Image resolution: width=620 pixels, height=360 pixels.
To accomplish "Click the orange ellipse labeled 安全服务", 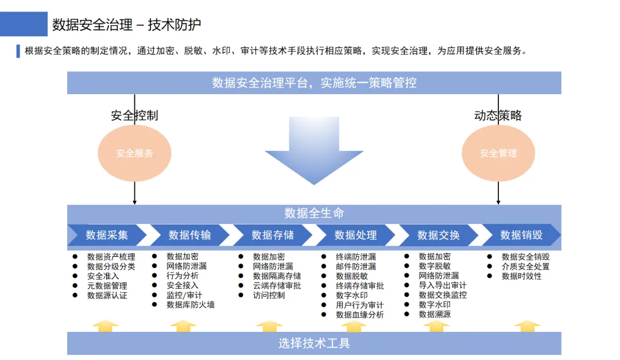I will [135, 153].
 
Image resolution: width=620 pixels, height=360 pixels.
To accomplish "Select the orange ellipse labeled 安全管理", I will [498, 153].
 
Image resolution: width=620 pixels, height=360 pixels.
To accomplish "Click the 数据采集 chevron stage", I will [107, 235].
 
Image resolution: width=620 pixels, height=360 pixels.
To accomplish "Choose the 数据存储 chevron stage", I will [273, 235].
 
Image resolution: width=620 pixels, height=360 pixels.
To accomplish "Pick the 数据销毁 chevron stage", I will [521, 235].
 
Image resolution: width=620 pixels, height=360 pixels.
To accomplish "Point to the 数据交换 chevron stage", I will [439, 235].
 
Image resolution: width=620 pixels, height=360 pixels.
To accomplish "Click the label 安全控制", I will [134, 115].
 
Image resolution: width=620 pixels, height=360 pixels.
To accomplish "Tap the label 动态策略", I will [498, 115].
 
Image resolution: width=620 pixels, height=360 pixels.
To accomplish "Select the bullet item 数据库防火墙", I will [191, 305].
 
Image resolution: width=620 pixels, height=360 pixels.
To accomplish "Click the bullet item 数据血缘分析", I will [360, 315].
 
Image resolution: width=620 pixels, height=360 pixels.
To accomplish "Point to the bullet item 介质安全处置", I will [525, 266].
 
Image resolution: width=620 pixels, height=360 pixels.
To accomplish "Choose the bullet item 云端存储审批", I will [277, 285].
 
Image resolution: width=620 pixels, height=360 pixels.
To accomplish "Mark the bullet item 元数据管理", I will [107, 285].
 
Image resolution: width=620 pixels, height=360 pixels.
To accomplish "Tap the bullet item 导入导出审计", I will [443, 285].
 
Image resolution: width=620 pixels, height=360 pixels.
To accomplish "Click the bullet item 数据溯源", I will [435, 315].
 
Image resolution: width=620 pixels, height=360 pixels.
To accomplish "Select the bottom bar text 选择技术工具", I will [314, 343].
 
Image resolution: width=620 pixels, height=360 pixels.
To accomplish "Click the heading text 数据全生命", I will [314, 214].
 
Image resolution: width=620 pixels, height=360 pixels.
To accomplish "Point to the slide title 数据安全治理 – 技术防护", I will [127, 25].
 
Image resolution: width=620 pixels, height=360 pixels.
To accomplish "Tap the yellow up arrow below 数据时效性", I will [527, 326].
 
